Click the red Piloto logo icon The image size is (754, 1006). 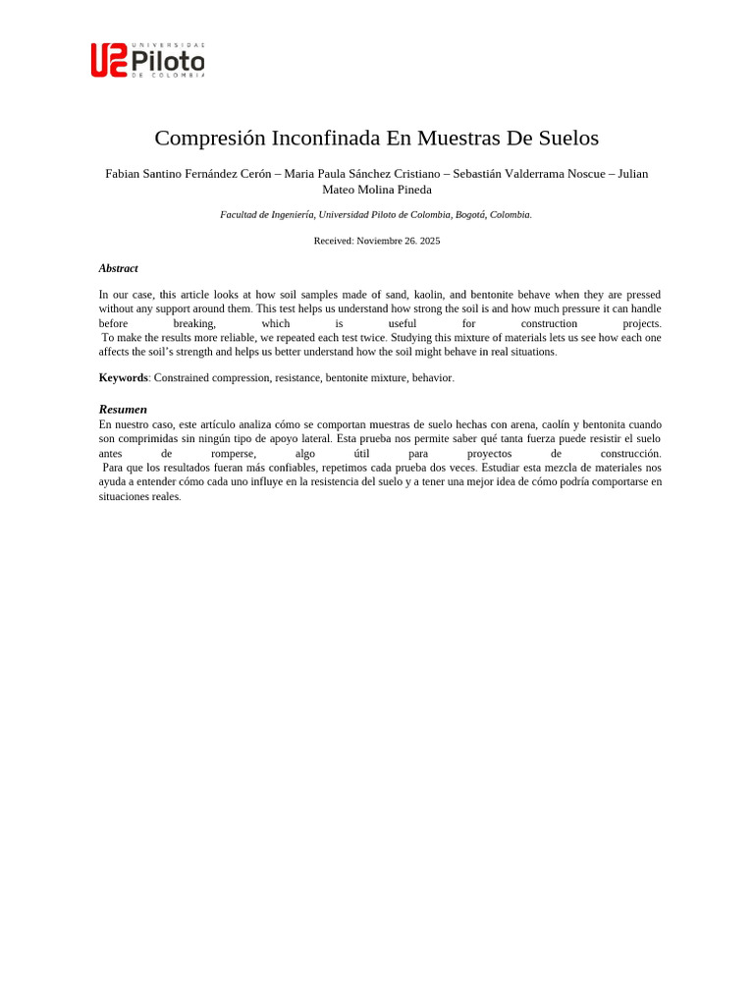click(x=109, y=60)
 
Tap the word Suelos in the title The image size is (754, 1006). click(x=565, y=138)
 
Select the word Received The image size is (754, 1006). click(x=333, y=241)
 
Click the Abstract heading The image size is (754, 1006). click(x=118, y=268)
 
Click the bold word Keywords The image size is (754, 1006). click(x=123, y=377)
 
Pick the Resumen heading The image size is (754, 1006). click(x=123, y=409)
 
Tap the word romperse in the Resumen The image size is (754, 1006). click(x=233, y=454)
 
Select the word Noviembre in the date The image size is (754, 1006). click(x=386, y=241)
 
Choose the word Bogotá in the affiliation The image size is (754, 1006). click(x=470, y=214)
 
